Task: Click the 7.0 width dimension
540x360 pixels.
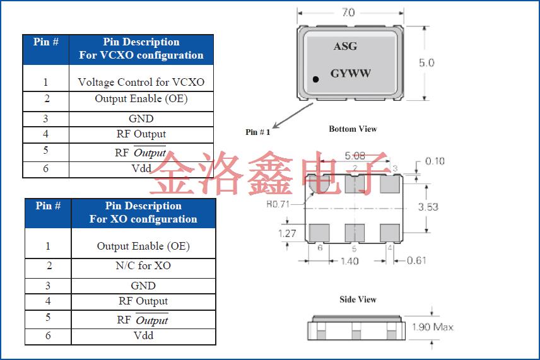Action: pyautogui.click(x=348, y=12)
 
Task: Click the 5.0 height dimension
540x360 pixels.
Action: pyautogui.click(x=426, y=63)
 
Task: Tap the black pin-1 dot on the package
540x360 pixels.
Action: pyautogui.click(x=316, y=79)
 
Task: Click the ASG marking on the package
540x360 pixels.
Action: pyautogui.click(x=345, y=47)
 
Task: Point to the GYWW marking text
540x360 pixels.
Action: pyautogui.click(x=350, y=73)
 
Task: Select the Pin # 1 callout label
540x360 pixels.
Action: pyautogui.click(x=257, y=132)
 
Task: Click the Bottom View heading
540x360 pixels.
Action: pyautogui.click(x=353, y=129)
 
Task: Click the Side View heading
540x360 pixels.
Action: pyautogui.click(x=358, y=299)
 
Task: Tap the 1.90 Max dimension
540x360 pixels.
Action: pyautogui.click(x=432, y=327)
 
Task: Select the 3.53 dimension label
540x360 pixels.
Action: pyautogui.click(x=428, y=207)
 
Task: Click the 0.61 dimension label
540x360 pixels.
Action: pyautogui.click(x=416, y=260)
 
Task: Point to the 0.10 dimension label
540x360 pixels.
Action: pyautogui.click(x=435, y=161)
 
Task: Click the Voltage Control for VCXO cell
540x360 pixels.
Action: pyautogui.click(x=141, y=82)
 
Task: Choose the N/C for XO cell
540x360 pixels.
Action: pyautogui.click(x=143, y=265)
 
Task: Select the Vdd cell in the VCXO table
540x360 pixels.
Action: pyautogui.click(x=141, y=169)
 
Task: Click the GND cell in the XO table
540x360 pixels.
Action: pyautogui.click(x=143, y=286)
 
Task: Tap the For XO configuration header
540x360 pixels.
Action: pyautogui.click(x=143, y=219)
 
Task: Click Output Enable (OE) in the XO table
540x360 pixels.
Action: pyautogui.click(x=143, y=246)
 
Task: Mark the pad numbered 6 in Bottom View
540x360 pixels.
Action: pyautogui.click(x=319, y=233)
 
